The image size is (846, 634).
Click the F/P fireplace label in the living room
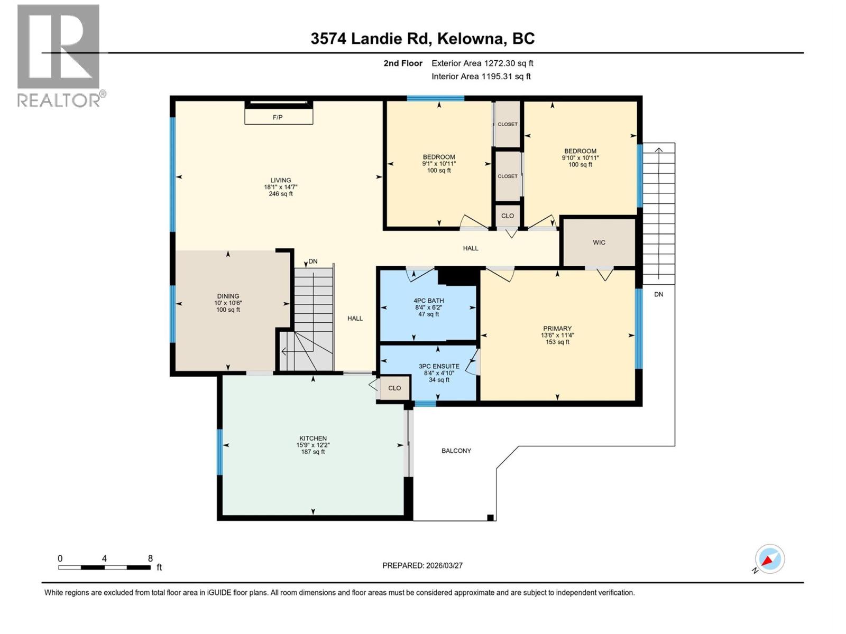tap(278, 117)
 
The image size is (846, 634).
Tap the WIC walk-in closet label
tap(599, 243)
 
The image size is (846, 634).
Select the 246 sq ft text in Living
tap(281, 194)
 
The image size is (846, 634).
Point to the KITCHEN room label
tap(313, 439)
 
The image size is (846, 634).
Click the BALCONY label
tap(456, 451)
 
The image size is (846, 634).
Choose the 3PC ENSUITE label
tap(439, 367)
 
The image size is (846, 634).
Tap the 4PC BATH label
tap(429, 301)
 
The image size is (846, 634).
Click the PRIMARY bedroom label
tap(557, 328)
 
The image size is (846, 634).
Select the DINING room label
tap(228, 296)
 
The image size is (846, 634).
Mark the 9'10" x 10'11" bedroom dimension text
tap(580, 158)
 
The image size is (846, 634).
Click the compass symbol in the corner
tap(769, 559)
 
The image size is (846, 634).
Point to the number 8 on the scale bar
tap(150, 558)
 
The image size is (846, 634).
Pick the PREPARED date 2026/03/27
tap(444, 565)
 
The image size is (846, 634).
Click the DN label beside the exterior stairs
tap(659, 294)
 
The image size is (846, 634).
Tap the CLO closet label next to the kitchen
tap(394, 388)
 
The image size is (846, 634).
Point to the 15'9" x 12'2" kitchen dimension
tap(313, 445)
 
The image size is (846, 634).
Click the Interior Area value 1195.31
tap(497, 76)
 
